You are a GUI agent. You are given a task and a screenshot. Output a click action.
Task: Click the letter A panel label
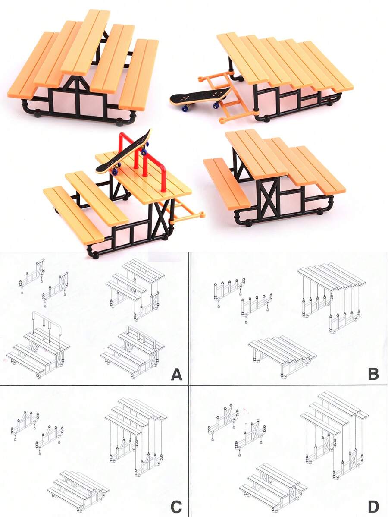pyautogui.click(x=176, y=373)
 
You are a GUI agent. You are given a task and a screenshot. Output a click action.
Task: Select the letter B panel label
pyautogui.click(x=373, y=373)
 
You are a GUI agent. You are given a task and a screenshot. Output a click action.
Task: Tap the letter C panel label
pyautogui.click(x=176, y=506)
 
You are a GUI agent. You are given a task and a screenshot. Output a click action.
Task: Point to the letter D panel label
pyautogui.click(x=373, y=506)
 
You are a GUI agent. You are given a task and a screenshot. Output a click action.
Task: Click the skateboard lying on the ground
pyautogui.click(x=200, y=97)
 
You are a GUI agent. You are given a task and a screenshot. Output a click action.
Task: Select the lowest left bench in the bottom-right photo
pyautogui.click(x=226, y=183)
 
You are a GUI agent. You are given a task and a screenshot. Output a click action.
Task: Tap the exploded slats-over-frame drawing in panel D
pyautogui.click(x=334, y=432)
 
